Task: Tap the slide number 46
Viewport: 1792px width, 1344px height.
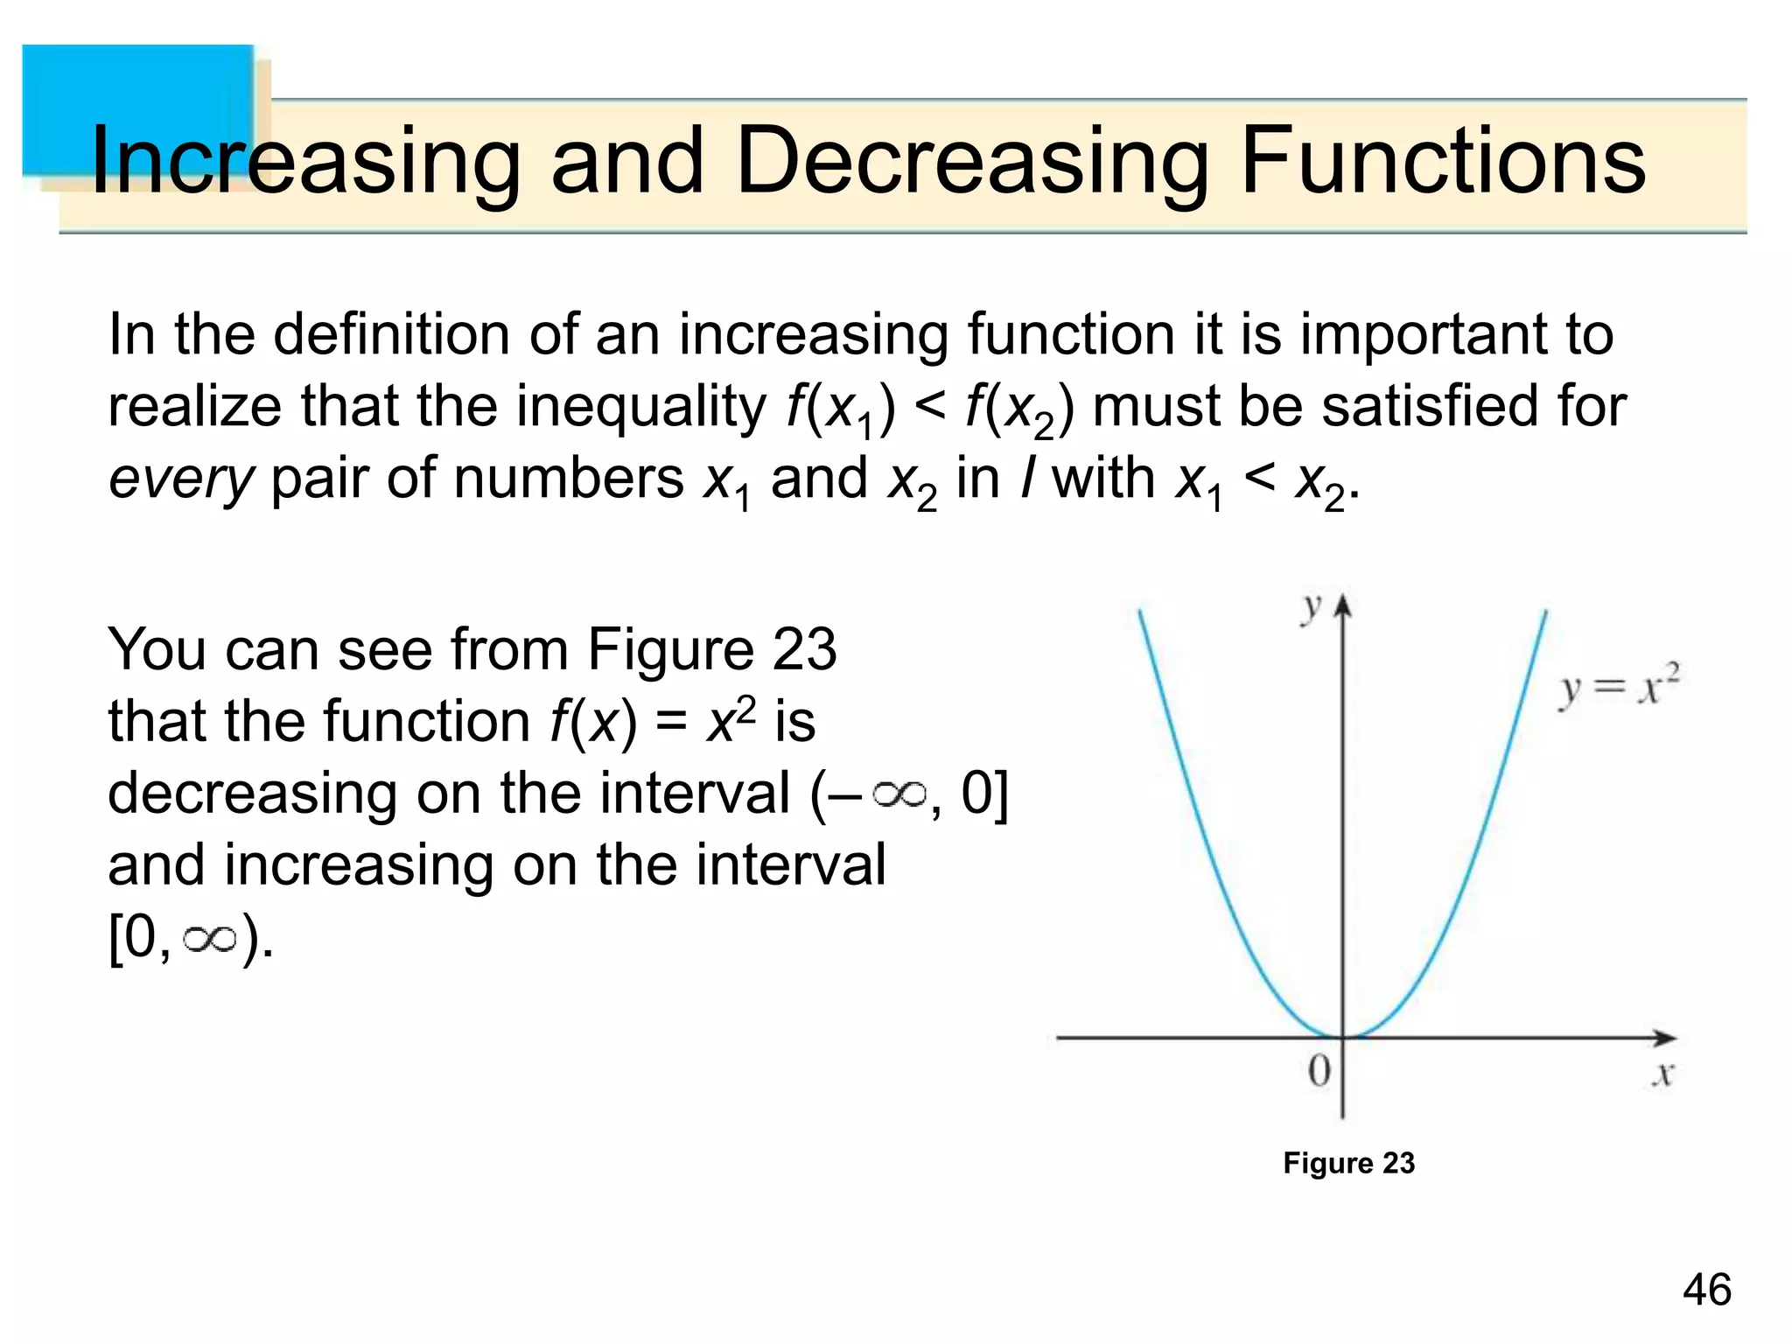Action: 1706,1290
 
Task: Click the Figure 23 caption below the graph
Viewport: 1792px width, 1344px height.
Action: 1348,1163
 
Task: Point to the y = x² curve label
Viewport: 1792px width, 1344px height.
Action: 1619,686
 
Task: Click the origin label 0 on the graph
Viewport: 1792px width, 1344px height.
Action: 1319,1070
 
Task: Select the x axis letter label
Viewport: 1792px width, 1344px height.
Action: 1662,1073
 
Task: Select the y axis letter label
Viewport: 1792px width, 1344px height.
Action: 1311,607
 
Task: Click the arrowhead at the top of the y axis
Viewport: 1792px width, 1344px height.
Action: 1343,605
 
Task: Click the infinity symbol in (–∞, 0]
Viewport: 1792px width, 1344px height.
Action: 899,794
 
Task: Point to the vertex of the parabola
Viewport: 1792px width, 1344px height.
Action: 1343,1037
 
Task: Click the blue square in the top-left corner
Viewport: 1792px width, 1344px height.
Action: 138,109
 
